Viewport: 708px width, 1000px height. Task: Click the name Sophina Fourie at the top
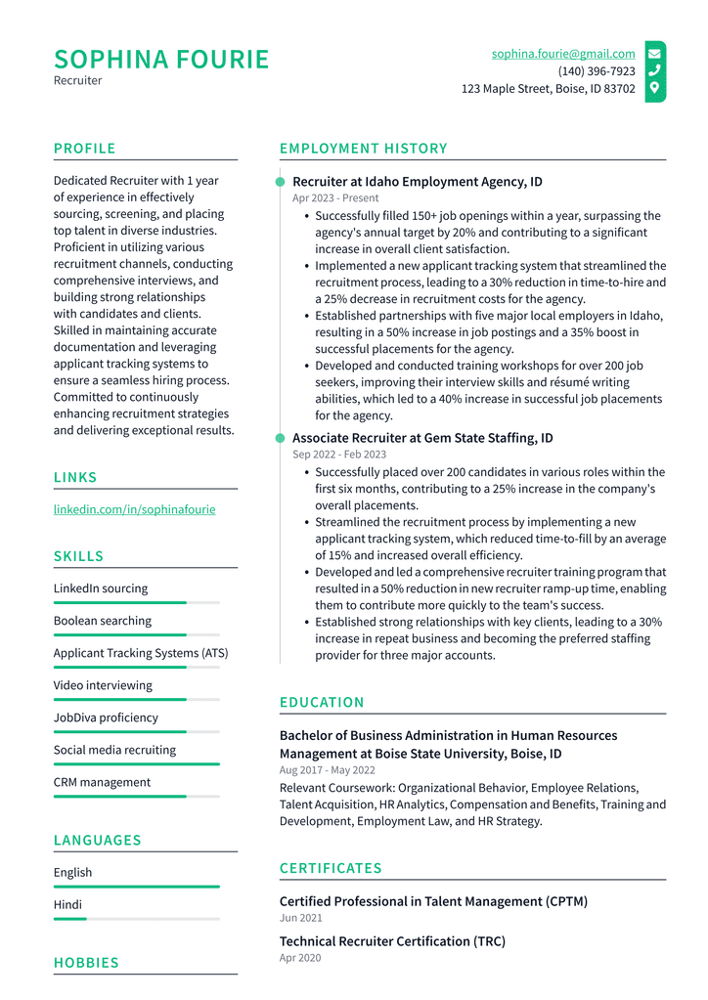coord(161,60)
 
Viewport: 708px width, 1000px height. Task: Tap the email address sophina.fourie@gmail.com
coord(563,54)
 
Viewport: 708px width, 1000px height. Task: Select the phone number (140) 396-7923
coord(597,71)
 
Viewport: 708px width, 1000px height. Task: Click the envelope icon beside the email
coord(654,54)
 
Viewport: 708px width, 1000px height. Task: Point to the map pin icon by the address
coord(654,88)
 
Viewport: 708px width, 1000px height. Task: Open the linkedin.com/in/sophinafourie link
coord(134,509)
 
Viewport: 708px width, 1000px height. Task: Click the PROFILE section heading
coord(84,149)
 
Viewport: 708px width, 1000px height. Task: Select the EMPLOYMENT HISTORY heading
coord(363,149)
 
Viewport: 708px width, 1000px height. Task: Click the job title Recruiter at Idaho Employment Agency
coord(417,182)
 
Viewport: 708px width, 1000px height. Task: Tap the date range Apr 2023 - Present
coord(335,198)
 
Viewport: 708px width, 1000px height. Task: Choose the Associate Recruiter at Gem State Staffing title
coord(422,438)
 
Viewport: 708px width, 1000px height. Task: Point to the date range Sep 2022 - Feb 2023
coord(339,455)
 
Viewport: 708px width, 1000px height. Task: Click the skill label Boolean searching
coord(103,621)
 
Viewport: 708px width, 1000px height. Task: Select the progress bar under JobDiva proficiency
coord(136,732)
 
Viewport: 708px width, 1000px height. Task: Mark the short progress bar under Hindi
coord(70,919)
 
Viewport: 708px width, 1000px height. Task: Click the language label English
coord(72,872)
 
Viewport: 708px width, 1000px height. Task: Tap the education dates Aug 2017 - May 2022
coord(327,770)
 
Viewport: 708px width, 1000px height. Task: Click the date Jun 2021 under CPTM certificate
coord(300,918)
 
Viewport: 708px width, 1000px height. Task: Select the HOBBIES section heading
coord(86,963)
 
